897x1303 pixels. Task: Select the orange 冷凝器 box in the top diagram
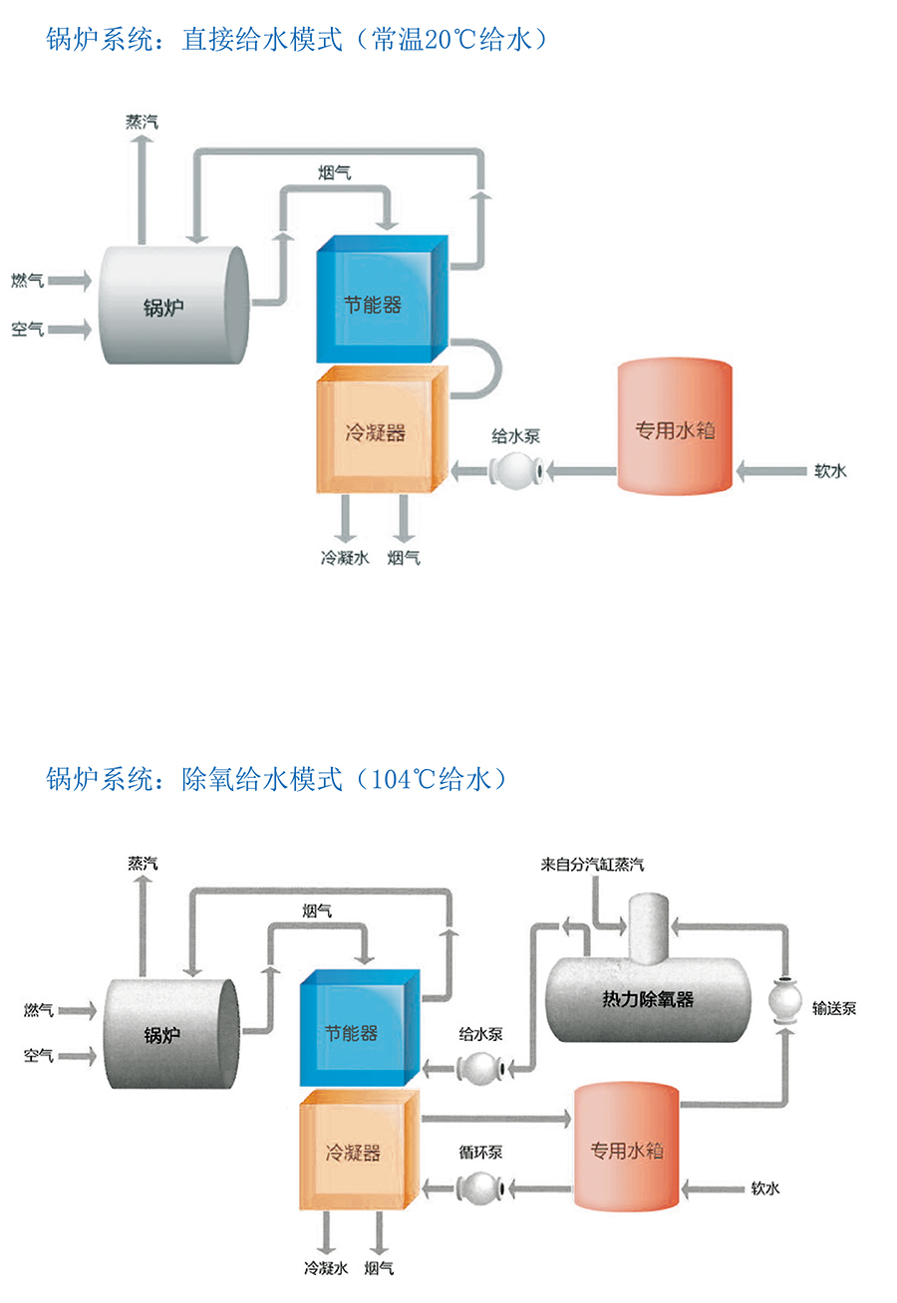click(x=380, y=432)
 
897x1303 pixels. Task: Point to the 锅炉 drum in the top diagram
click(x=171, y=305)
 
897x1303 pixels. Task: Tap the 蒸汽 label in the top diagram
click(x=142, y=122)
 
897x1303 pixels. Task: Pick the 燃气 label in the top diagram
click(x=27, y=281)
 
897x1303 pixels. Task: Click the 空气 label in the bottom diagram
click(x=39, y=1055)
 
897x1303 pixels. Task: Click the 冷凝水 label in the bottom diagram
click(x=325, y=1269)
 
